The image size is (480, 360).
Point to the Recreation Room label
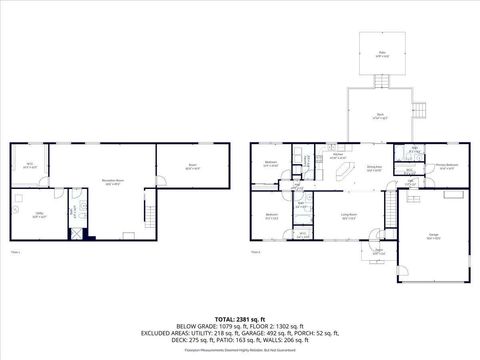coord(111,182)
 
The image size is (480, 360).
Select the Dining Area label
coord(375,169)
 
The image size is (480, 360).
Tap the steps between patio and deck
coord(381,82)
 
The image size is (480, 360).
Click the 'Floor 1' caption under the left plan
coord(14,252)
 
